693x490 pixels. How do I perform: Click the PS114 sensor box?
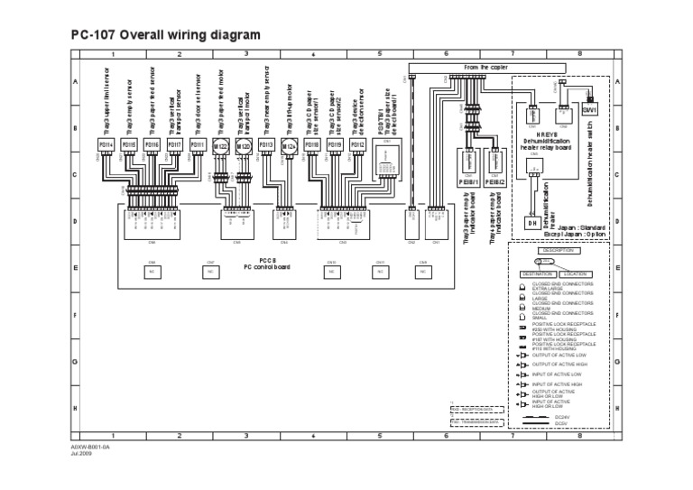coord(104,144)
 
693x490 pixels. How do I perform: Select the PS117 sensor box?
coord(176,144)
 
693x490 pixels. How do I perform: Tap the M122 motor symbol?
coord(221,145)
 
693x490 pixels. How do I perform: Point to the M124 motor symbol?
coord(290,145)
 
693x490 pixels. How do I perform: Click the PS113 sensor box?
coord(266,144)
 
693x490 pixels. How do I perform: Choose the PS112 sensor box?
coord(357,144)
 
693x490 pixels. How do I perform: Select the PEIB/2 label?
coord(494,179)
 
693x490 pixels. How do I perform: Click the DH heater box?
coord(532,223)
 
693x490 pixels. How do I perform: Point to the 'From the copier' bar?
coord(486,67)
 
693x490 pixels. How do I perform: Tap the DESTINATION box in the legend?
coord(537,273)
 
